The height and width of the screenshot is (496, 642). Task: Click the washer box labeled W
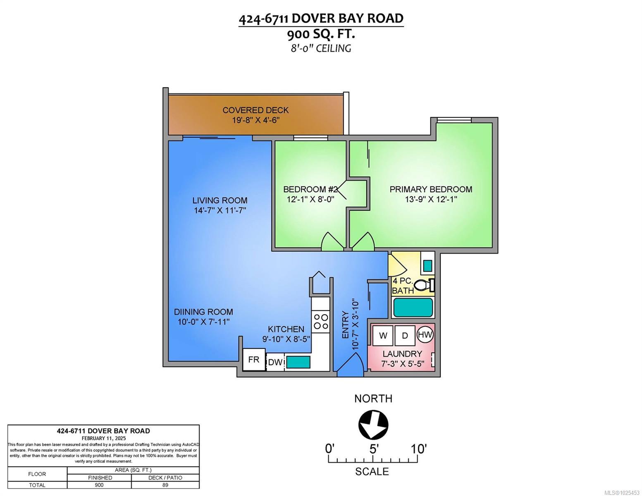383,336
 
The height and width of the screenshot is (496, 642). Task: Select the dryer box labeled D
405,336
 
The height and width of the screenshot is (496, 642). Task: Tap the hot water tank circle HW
425,334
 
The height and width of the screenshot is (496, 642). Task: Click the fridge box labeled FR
253,360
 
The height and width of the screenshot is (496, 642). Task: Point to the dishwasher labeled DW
275,362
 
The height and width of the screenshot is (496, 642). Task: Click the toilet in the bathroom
424,285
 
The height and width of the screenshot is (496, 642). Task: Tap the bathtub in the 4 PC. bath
413,308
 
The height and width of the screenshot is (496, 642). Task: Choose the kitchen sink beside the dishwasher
298,362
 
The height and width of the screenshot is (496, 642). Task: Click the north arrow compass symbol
373,424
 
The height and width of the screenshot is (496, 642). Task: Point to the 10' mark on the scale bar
418,449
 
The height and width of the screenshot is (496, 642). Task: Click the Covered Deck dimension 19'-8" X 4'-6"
255,120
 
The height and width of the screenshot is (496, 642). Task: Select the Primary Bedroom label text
431,189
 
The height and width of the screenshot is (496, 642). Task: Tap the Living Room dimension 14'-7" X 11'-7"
220,210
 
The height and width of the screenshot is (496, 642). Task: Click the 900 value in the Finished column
99,485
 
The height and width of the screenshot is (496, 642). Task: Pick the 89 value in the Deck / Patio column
165,485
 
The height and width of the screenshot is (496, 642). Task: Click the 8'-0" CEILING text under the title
321,48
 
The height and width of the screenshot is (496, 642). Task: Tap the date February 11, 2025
103,438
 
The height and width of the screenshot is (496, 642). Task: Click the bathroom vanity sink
427,265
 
